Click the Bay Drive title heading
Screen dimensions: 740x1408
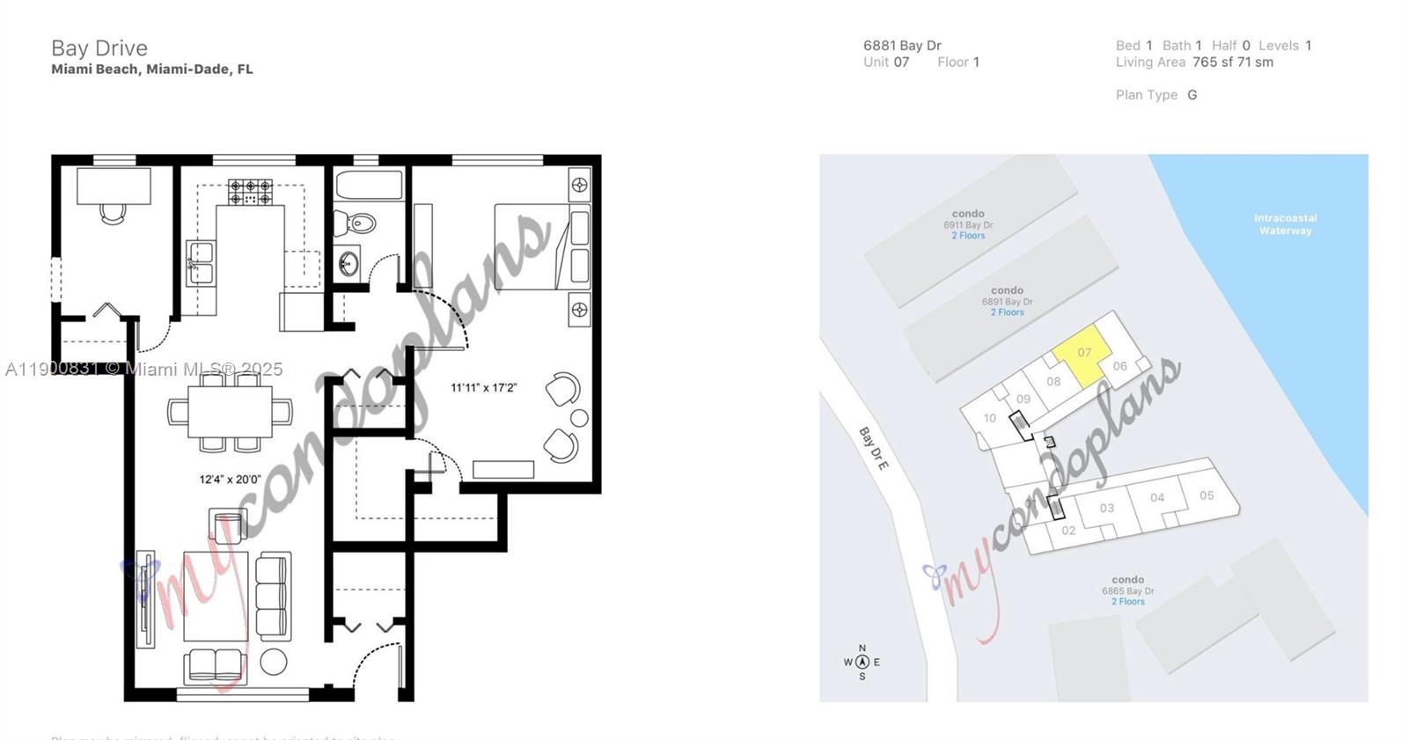tap(99, 48)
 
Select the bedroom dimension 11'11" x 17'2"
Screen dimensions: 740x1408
tap(483, 387)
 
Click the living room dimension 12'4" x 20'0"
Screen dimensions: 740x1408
tap(230, 480)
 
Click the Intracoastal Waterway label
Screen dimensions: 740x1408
tap(1285, 224)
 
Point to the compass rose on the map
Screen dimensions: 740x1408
tap(862, 663)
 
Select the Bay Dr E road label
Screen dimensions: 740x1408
tap(873, 448)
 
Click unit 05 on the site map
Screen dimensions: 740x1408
tap(1206, 495)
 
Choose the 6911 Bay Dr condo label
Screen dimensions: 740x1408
tap(968, 224)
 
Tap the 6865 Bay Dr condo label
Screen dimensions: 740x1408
tap(1127, 590)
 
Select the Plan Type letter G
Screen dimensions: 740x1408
tap(1192, 95)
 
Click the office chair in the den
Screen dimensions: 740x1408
tap(113, 213)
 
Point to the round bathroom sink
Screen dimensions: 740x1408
tap(349, 263)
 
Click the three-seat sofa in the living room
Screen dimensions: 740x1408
tap(272, 597)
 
